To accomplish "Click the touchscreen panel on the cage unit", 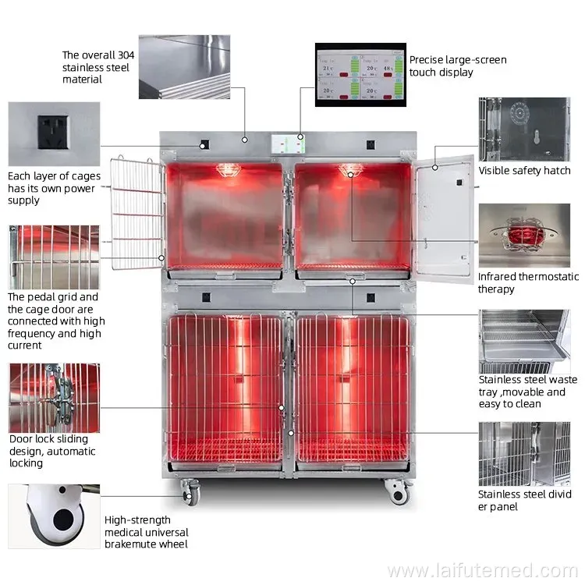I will tap(288, 144).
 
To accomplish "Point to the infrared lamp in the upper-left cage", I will tap(227, 169).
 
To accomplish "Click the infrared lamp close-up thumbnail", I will tap(523, 236).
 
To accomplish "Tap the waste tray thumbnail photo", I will tap(523, 339).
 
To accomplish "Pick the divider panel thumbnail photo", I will tap(523, 454).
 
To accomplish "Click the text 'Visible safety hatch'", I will tap(524, 171).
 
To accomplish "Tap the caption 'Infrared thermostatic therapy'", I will tap(528, 282).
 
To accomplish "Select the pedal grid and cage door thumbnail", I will tap(52, 257).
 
